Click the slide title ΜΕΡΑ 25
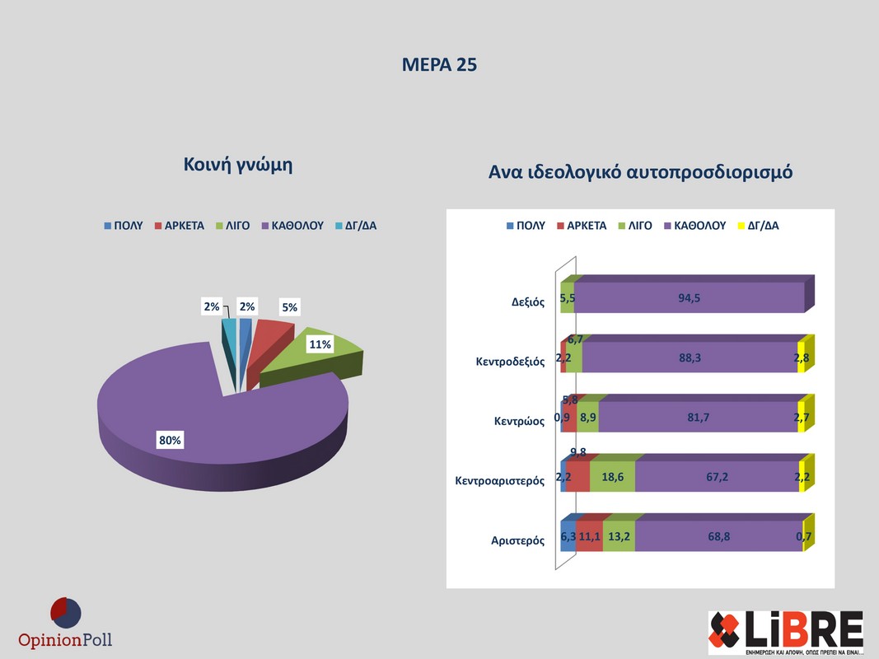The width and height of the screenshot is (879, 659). click(439, 65)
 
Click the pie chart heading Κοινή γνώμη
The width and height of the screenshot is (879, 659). click(238, 165)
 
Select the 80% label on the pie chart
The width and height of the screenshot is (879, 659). click(171, 441)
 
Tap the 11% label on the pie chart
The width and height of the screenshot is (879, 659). click(320, 345)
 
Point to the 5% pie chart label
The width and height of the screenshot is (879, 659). click(289, 308)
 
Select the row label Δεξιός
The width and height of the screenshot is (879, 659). click(528, 301)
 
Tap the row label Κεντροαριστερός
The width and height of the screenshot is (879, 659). click(500, 480)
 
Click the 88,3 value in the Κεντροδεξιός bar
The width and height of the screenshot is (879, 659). click(690, 358)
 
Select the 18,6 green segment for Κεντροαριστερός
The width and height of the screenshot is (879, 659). click(612, 477)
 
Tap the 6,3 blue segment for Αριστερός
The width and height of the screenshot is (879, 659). click(568, 536)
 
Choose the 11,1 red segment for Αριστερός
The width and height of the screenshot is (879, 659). click(589, 536)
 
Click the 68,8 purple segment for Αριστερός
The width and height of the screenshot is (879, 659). click(719, 536)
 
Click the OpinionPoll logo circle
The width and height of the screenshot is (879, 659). click(65, 612)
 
